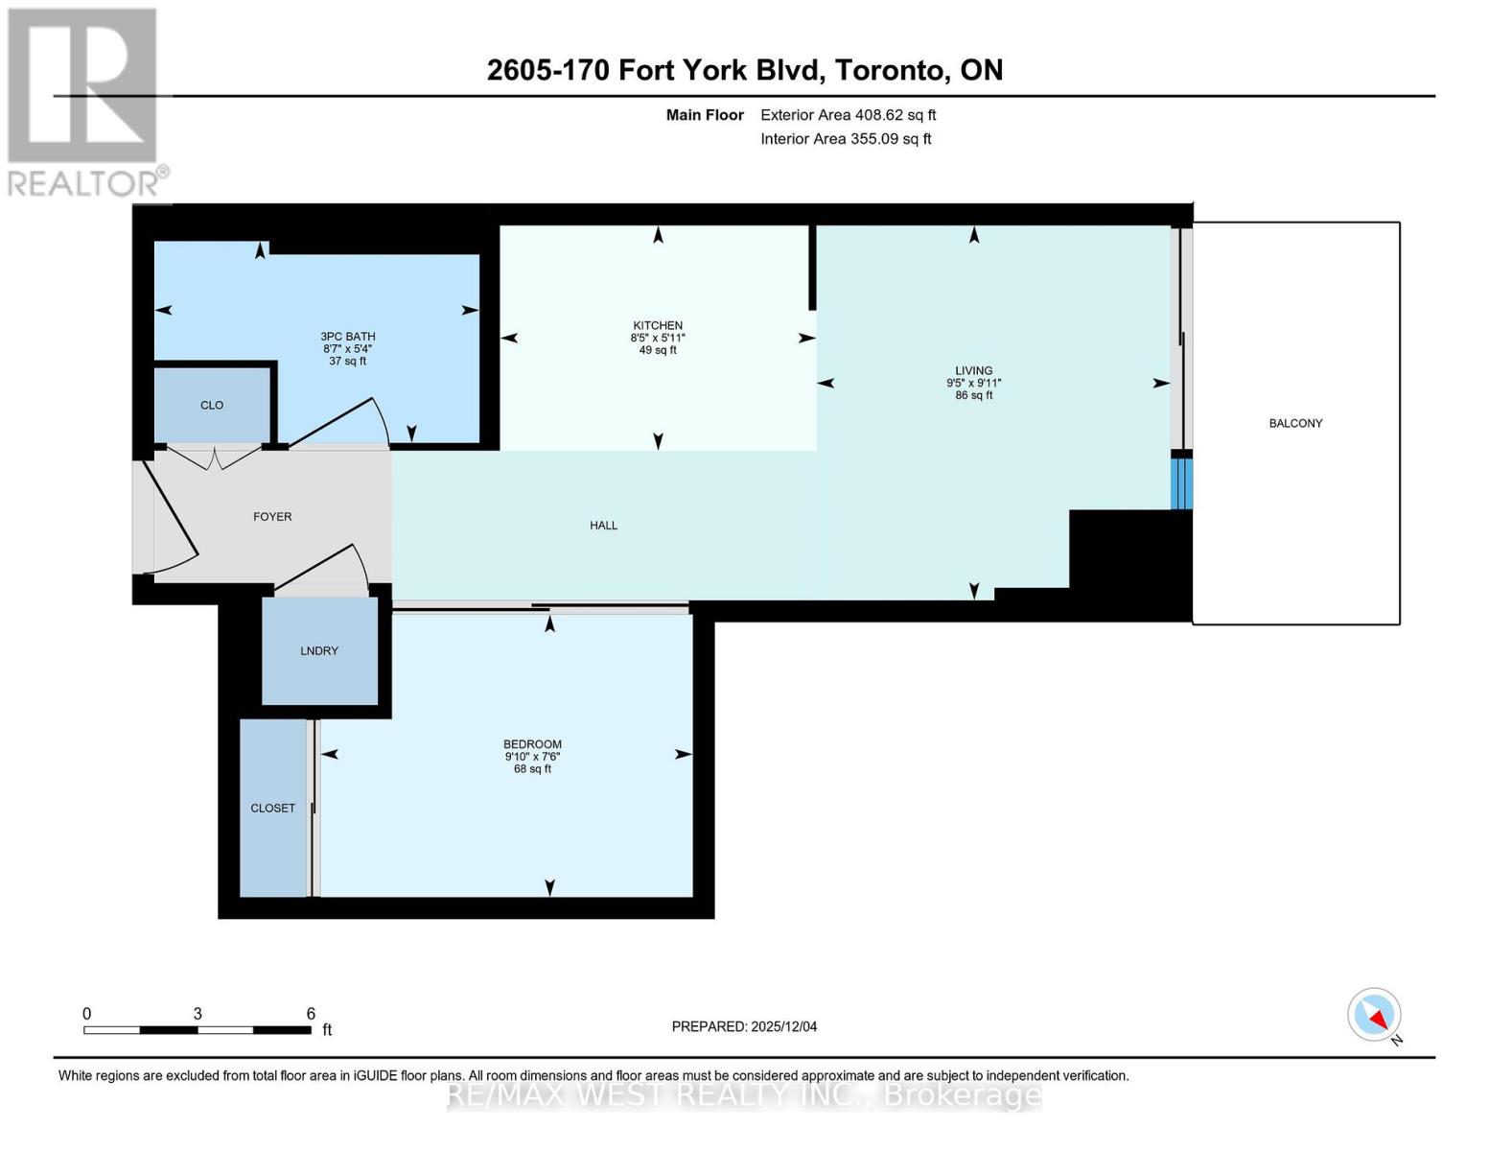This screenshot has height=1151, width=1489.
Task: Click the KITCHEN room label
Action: click(658, 325)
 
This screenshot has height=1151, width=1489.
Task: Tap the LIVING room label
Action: click(973, 370)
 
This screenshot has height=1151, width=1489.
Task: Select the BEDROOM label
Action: click(532, 744)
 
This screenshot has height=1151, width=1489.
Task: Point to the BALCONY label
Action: click(1295, 423)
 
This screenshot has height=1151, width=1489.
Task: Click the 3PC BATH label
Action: click(347, 337)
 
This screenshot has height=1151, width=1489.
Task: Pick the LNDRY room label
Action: click(319, 650)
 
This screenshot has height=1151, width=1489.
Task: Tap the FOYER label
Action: click(272, 516)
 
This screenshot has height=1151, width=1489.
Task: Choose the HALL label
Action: click(603, 525)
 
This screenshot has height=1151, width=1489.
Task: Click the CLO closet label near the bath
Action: click(212, 405)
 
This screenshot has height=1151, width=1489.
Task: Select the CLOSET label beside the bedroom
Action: click(273, 808)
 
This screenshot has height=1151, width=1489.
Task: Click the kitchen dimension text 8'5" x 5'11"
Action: click(658, 338)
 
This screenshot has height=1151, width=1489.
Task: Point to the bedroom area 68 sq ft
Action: click(532, 768)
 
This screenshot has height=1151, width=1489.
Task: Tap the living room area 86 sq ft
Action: click(973, 395)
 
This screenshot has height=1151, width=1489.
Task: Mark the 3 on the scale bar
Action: click(198, 1014)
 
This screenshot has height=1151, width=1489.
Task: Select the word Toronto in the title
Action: click(889, 70)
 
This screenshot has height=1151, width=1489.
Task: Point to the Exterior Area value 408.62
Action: click(879, 115)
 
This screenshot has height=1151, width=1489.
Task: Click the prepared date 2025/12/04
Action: click(783, 1026)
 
